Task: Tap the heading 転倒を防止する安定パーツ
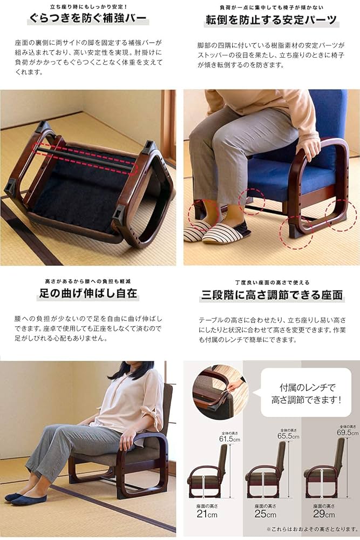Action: point(270,21)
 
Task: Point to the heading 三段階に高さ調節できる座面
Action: point(271,295)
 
